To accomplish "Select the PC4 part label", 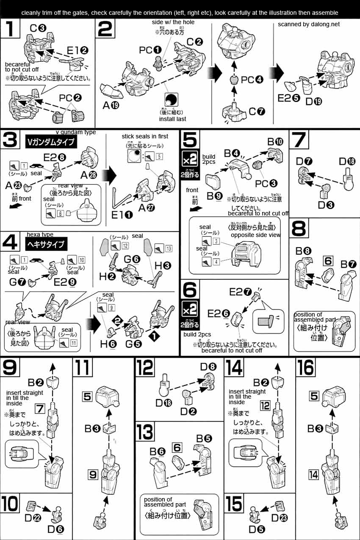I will (x=252, y=79).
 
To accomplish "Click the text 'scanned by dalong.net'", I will (x=309, y=24).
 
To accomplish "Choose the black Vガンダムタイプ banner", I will (x=50, y=142).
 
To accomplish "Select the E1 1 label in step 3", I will (x=122, y=215).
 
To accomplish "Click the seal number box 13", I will (x=169, y=248).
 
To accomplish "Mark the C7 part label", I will (x=257, y=112).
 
